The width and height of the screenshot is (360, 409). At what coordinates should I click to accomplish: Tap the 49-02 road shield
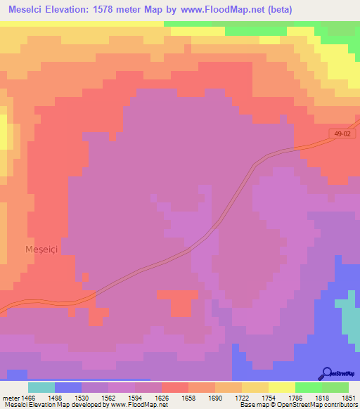(x=342, y=134)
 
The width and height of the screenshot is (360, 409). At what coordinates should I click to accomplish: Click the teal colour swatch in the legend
(x=41, y=387)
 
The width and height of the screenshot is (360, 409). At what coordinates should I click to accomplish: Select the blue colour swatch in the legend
(x=68, y=387)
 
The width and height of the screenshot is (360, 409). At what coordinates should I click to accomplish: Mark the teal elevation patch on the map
(x=348, y=313)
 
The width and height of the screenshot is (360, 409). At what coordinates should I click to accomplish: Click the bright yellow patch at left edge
(x=4, y=134)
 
